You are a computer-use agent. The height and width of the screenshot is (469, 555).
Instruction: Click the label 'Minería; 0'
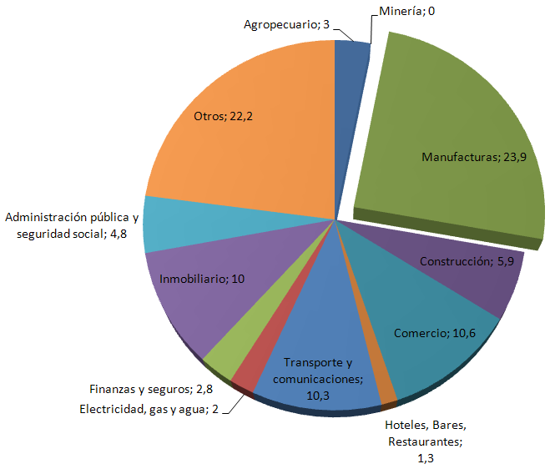pyautogui.click(x=406, y=12)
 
